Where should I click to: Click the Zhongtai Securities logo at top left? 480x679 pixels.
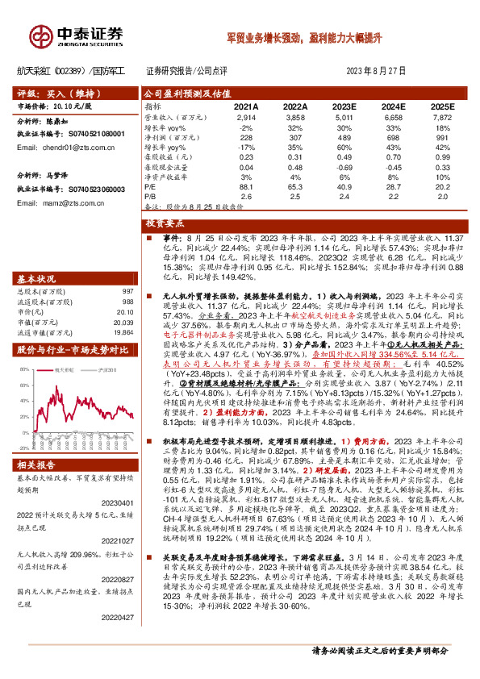click(x=77, y=33)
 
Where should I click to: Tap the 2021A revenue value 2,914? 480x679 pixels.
click(x=246, y=118)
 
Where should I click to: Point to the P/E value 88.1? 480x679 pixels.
click(x=246, y=186)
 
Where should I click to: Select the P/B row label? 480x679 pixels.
click(x=151, y=196)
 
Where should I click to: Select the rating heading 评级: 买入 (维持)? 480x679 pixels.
click(x=54, y=93)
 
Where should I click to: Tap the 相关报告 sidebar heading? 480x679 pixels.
click(x=35, y=443)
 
